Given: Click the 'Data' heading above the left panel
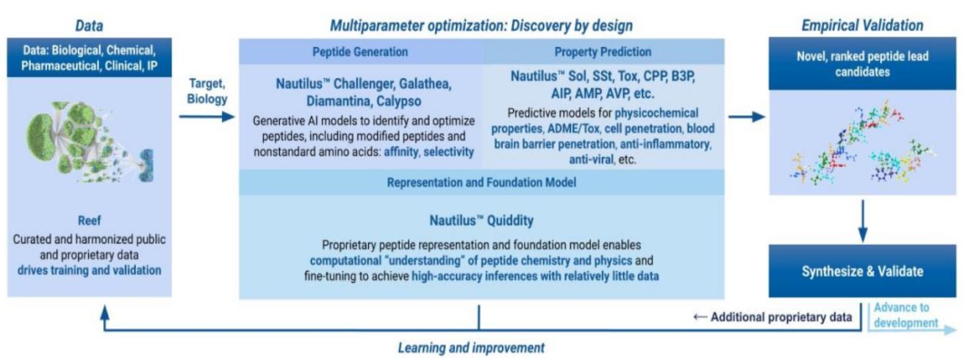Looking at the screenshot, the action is pyautogui.click(x=89, y=25).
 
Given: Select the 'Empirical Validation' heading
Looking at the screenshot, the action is pyautogui.click(x=862, y=25).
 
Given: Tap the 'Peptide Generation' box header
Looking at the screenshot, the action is pyautogui.click(x=360, y=52).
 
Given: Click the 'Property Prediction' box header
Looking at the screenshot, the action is pyautogui.click(x=603, y=52).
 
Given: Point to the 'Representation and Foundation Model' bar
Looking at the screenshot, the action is pyautogui.click(x=481, y=182).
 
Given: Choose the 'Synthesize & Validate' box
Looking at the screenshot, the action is pyautogui.click(x=862, y=272).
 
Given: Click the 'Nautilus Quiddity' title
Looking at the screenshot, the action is pyautogui.click(x=481, y=220).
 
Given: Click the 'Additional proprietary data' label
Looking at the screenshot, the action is pyautogui.click(x=773, y=316).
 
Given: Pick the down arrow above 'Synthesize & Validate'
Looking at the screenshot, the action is pyautogui.click(x=862, y=220).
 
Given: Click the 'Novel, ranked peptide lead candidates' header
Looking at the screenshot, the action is pyautogui.click(x=862, y=63).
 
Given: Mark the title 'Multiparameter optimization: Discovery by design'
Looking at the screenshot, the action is pyautogui.click(x=481, y=25).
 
